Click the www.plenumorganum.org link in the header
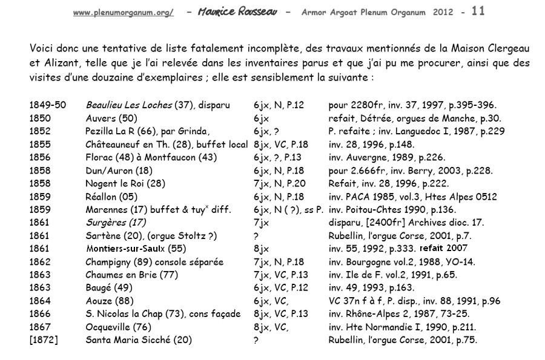123,13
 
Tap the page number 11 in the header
478,11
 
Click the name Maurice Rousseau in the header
237,12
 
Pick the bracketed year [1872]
44,340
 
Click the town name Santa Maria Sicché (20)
139,340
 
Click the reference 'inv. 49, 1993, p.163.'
372,288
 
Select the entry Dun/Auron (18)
119,171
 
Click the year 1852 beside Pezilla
39,131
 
